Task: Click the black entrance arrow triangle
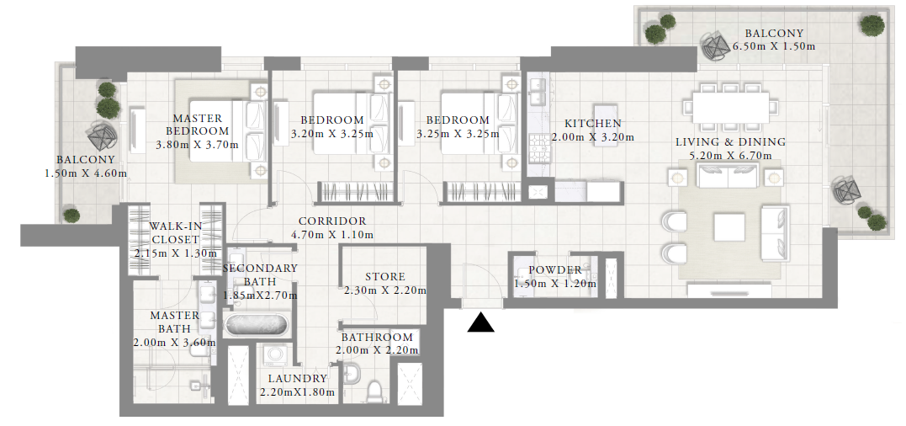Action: point(480,323)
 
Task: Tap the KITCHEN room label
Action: point(593,124)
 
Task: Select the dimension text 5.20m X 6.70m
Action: point(731,156)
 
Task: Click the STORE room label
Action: point(384,277)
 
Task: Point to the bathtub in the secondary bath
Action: point(256,324)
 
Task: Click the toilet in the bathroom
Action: point(375,391)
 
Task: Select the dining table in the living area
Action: point(731,107)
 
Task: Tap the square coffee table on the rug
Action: point(729,227)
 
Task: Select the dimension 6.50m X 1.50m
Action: point(774,46)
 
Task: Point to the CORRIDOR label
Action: point(332,221)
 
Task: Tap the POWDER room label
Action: point(555,270)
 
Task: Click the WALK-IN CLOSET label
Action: point(174,232)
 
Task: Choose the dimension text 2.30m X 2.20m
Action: point(384,290)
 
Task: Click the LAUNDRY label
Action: point(297,379)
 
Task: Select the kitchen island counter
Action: point(605,126)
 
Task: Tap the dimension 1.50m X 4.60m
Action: point(86,173)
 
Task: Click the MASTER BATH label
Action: point(175,322)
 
